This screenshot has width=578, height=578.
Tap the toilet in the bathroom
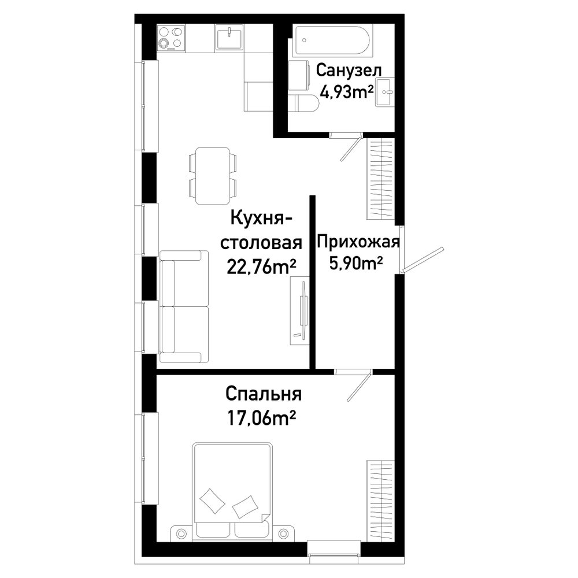coord(305,103)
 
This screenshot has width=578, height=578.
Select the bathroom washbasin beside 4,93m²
coord(385,92)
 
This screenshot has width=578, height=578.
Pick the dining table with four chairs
coord(213,176)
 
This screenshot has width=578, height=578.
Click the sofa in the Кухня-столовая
coord(184,306)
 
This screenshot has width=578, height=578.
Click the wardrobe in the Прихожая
coord(380,180)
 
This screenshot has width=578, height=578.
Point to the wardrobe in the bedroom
coord(380,501)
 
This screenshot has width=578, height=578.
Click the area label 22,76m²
coord(261,267)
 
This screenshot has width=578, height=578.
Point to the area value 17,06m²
coord(262,418)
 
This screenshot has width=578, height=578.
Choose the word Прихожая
coord(358,242)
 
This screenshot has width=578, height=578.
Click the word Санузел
coord(349,70)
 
